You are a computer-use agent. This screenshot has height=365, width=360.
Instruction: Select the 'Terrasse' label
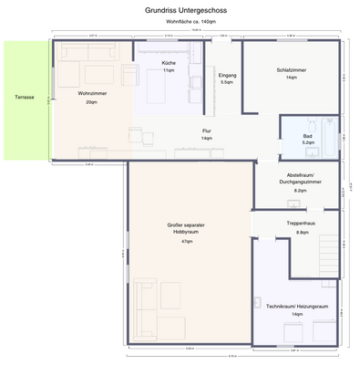tap(25, 98)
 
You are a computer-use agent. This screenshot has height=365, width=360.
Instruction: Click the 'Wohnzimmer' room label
tap(91, 93)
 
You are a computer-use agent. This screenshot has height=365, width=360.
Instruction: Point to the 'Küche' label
tap(169, 62)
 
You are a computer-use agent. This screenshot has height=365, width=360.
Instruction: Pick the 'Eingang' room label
tap(227, 74)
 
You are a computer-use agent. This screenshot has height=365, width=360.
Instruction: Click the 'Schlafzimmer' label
tap(292, 68)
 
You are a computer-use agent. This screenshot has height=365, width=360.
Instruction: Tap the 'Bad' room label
tap(308, 136)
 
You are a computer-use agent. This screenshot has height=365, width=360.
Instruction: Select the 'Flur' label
tap(207, 130)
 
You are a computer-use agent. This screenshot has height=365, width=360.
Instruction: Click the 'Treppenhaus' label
tap(300, 223)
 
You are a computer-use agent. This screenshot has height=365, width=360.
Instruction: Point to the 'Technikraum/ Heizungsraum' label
tap(297, 306)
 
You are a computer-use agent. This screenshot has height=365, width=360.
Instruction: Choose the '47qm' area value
tap(186, 241)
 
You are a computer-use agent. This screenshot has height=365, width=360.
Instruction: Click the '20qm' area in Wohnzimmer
tap(91, 102)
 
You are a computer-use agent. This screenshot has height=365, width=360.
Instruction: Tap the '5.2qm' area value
tap(308, 143)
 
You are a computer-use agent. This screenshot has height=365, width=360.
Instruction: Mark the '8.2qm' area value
tap(300, 190)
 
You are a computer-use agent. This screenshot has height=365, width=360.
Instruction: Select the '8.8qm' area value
tap(302, 232)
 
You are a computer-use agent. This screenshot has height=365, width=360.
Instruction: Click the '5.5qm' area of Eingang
tap(227, 82)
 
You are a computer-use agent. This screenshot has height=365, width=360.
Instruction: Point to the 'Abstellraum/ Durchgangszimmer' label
tap(300, 178)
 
